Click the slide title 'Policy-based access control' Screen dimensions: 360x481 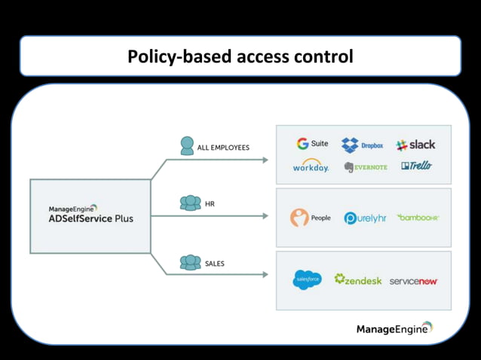point(240,56)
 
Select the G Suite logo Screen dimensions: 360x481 point(312,144)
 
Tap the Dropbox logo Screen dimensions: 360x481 point(362,145)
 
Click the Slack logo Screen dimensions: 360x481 point(415,145)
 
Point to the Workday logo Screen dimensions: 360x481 point(311,166)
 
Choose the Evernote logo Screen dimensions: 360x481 point(366,166)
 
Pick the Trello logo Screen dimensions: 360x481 point(417,166)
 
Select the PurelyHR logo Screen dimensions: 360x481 point(365,218)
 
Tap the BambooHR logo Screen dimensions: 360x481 point(418,218)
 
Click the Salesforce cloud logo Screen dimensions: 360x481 point(307,280)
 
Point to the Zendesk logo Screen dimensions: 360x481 point(358,279)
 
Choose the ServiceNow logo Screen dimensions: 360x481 point(414,281)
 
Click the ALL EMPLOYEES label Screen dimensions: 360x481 point(223,148)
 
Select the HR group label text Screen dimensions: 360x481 point(210,203)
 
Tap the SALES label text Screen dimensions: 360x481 point(215,264)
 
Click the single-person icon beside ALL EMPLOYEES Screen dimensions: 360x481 point(187,145)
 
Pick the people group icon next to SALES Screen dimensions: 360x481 point(190,263)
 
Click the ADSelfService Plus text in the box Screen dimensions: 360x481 point(90,218)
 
